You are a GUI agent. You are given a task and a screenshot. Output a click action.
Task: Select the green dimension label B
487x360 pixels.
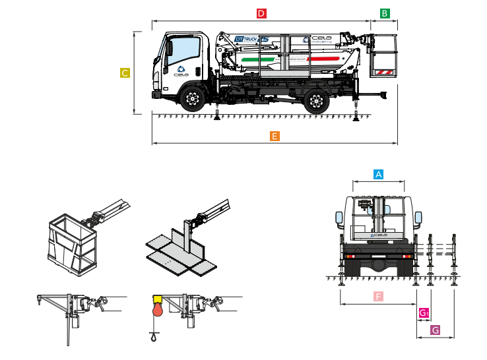[x=385, y=13]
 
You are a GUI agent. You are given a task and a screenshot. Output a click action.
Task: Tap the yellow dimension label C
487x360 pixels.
[x=125, y=73]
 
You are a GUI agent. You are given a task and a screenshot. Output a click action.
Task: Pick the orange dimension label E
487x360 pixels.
[x=275, y=136]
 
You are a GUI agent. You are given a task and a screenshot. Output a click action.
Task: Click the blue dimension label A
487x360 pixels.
[x=378, y=174]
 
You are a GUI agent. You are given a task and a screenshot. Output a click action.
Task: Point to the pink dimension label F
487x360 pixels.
[x=378, y=297]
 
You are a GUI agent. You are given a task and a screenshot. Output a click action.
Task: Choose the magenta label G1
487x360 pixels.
[x=424, y=313]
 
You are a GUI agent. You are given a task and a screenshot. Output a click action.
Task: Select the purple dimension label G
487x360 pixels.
[x=435, y=329]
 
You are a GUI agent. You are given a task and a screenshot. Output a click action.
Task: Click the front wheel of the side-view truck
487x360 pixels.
[x=192, y=100]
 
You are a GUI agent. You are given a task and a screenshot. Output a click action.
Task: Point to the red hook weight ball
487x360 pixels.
[x=157, y=309]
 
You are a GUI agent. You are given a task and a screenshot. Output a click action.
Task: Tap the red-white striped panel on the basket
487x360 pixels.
[x=383, y=72]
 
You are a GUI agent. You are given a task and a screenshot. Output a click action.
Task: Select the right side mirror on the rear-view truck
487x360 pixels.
[x=418, y=218]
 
